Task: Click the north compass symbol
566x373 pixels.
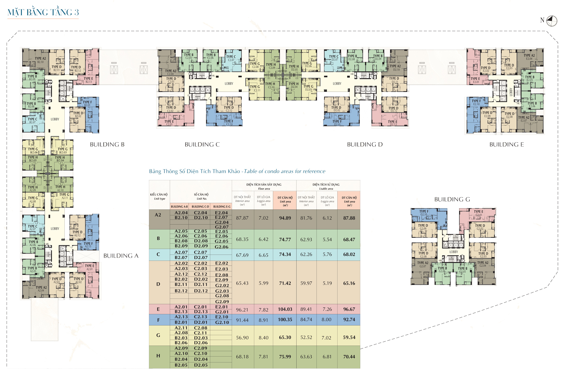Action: tap(552, 21)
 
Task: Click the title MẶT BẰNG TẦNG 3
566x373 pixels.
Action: tap(43, 12)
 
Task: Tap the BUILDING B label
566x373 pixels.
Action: tap(107, 145)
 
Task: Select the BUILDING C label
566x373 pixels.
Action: tap(202, 145)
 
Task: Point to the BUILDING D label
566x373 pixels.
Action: tap(365, 145)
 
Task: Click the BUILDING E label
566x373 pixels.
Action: tap(506, 145)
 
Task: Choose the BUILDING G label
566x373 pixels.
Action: tap(452, 199)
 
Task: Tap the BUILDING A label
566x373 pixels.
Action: tap(121, 256)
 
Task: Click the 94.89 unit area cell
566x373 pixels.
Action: tap(285, 218)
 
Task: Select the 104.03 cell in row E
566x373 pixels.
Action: tap(285, 309)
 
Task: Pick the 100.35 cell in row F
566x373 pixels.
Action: tap(285, 320)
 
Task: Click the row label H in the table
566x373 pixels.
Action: tap(158, 356)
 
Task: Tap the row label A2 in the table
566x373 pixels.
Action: tap(158, 215)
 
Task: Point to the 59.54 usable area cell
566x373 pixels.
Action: tap(349, 338)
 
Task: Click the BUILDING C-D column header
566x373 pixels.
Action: tap(200, 207)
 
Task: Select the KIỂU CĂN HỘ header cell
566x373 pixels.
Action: tap(159, 196)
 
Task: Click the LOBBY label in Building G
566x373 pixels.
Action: tap(453, 252)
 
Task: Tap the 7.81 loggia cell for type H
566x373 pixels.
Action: tap(263, 357)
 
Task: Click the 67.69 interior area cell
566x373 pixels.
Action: tap(242, 255)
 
